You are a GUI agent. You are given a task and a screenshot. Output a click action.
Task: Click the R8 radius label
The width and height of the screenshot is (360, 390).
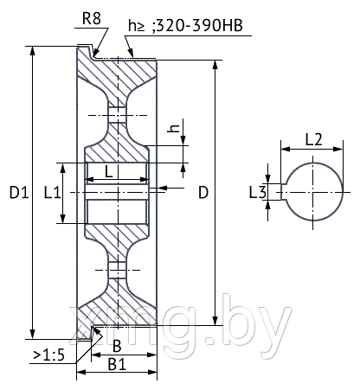click(x=92, y=18)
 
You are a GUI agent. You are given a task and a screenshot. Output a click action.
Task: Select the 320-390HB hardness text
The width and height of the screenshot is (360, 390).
click(x=200, y=26)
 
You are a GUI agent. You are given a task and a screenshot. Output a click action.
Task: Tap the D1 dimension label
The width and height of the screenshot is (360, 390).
click(x=19, y=192)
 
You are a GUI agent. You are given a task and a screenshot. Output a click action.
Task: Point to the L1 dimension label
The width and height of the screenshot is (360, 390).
click(x=52, y=192)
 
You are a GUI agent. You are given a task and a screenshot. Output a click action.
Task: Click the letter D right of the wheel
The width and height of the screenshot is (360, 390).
click(x=203, y=192)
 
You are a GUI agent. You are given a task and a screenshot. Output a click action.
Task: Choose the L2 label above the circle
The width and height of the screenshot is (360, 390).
click(x=313, y=140)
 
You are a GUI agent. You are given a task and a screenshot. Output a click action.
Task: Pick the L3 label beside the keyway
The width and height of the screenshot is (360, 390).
click(x=258, y=192)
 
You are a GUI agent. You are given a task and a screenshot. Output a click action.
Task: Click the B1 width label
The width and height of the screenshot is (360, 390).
click(x=117, y=365)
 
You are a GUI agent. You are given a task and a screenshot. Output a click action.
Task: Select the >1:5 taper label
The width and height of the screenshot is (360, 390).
click(x=49, y=355)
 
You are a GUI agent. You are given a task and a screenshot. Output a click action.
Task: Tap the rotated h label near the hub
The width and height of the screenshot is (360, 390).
click(x=174, y=128)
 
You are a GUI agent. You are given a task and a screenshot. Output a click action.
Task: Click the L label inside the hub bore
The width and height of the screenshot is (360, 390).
click(x=108, y=172)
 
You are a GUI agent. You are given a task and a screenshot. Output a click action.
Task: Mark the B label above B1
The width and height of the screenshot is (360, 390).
click(x=117, y=346)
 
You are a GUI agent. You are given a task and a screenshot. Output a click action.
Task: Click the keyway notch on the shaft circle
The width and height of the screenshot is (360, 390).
click(x=284, y=192)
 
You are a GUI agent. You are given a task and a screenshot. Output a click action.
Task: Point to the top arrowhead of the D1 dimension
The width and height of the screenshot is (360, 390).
click(x=33, y=50)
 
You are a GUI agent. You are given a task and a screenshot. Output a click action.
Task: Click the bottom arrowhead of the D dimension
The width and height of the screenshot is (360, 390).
click(x=215, y=321)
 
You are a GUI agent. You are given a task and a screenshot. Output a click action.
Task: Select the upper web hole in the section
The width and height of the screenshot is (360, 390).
click(x=117, y=115)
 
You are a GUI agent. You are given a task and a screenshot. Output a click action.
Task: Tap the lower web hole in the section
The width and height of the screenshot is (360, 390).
click(x=117, y=270)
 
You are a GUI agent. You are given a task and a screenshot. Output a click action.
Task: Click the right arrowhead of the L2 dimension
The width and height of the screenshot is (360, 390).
click(x=338, y=149)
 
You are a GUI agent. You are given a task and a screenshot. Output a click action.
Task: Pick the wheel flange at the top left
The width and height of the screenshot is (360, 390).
click(x=85, y=53)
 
